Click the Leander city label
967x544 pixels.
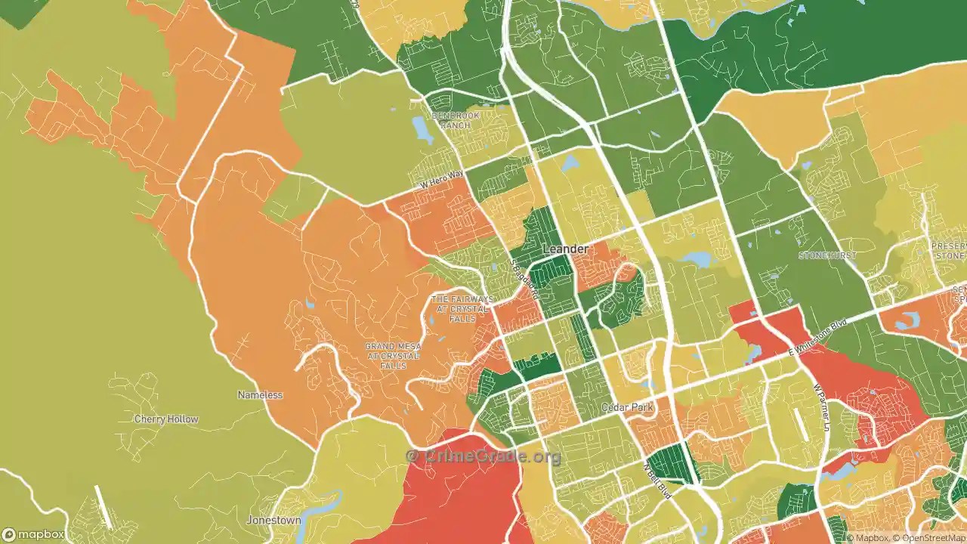point(565,249)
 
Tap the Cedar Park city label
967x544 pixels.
point(626,407)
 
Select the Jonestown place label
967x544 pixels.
point(273,521)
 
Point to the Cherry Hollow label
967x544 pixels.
point(166,419)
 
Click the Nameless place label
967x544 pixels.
point(260,395)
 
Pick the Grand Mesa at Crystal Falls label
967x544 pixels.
point(393,356)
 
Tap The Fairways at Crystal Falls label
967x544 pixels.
point(462,309)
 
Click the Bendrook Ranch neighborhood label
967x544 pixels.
point(456,120)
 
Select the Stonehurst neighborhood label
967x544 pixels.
point(827,255)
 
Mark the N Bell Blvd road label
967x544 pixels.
point(657,481)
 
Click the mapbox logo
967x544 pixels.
point(34,535)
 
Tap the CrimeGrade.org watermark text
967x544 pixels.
point(483,456)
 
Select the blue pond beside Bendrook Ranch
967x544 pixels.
point(421,129)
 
